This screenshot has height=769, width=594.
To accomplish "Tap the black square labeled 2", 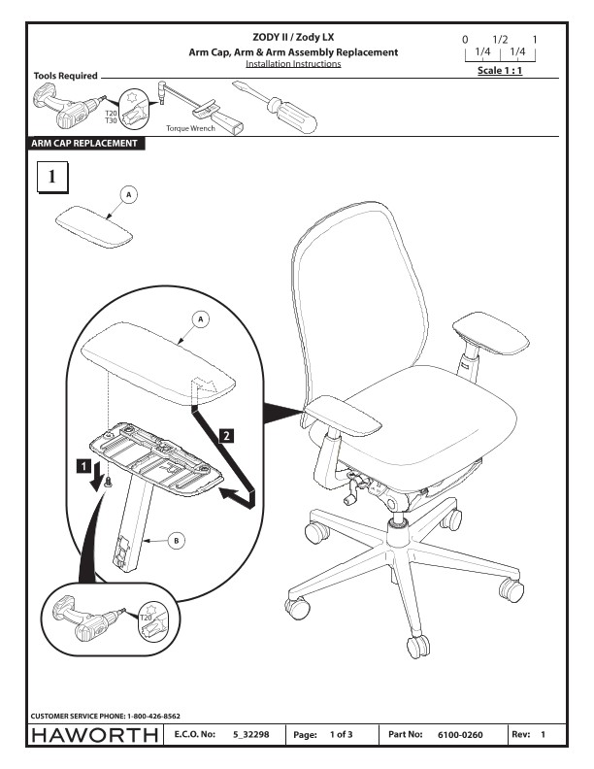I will click(226, 435).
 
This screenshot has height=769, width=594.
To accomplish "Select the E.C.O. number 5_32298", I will click(251, 736).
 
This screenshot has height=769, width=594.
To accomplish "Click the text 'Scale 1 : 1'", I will click(501, 72).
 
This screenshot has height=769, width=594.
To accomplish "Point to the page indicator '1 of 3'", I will click(342, 736).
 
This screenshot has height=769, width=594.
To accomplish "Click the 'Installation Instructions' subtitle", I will click(293, 64).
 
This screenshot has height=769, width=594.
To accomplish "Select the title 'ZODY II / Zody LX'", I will click(293, 36).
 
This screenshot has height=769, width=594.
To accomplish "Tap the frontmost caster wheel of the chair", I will click(417, 644).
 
